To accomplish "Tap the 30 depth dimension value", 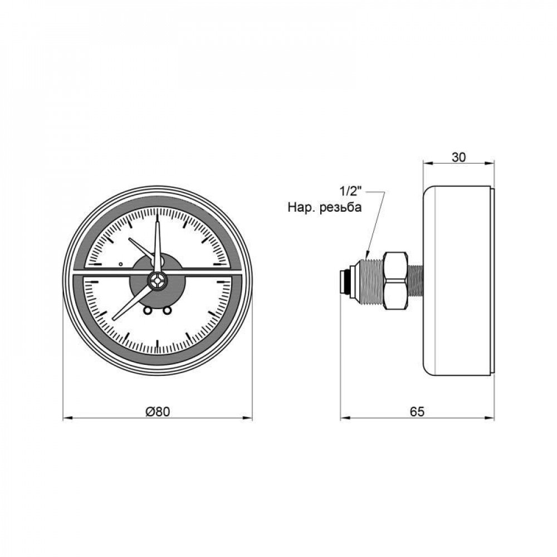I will tap(458, 157).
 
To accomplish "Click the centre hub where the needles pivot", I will tap(158, 281).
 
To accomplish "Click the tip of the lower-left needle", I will tap(114, 319).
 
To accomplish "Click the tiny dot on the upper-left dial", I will tap(121, 263).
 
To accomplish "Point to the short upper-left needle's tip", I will tap(130, 240).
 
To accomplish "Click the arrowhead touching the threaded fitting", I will tap(368, 256).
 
